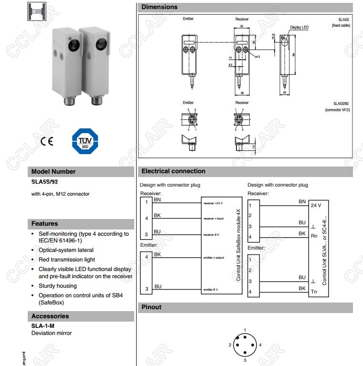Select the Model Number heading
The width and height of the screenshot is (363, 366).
(53, 172)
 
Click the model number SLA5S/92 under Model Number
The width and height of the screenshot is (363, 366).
(44, 182)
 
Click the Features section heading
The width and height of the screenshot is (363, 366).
(44, 224)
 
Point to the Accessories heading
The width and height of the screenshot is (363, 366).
(50, 316)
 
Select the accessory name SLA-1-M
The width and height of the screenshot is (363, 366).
(43, 326)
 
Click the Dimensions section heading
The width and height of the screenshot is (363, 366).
(160, 7)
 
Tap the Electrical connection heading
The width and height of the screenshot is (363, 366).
(173, 171)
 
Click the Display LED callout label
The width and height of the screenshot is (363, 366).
(299, 28)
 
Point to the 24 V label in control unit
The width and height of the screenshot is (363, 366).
(316, 206)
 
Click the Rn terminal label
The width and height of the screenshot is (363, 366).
(314, 236)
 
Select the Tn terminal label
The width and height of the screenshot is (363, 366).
(314, 292)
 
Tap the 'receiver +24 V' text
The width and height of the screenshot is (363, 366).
(213, 203)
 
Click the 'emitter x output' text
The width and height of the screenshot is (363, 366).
(214, 258)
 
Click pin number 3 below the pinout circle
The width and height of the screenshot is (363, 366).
(245, 361)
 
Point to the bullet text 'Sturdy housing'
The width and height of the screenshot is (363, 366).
(57, 286)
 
